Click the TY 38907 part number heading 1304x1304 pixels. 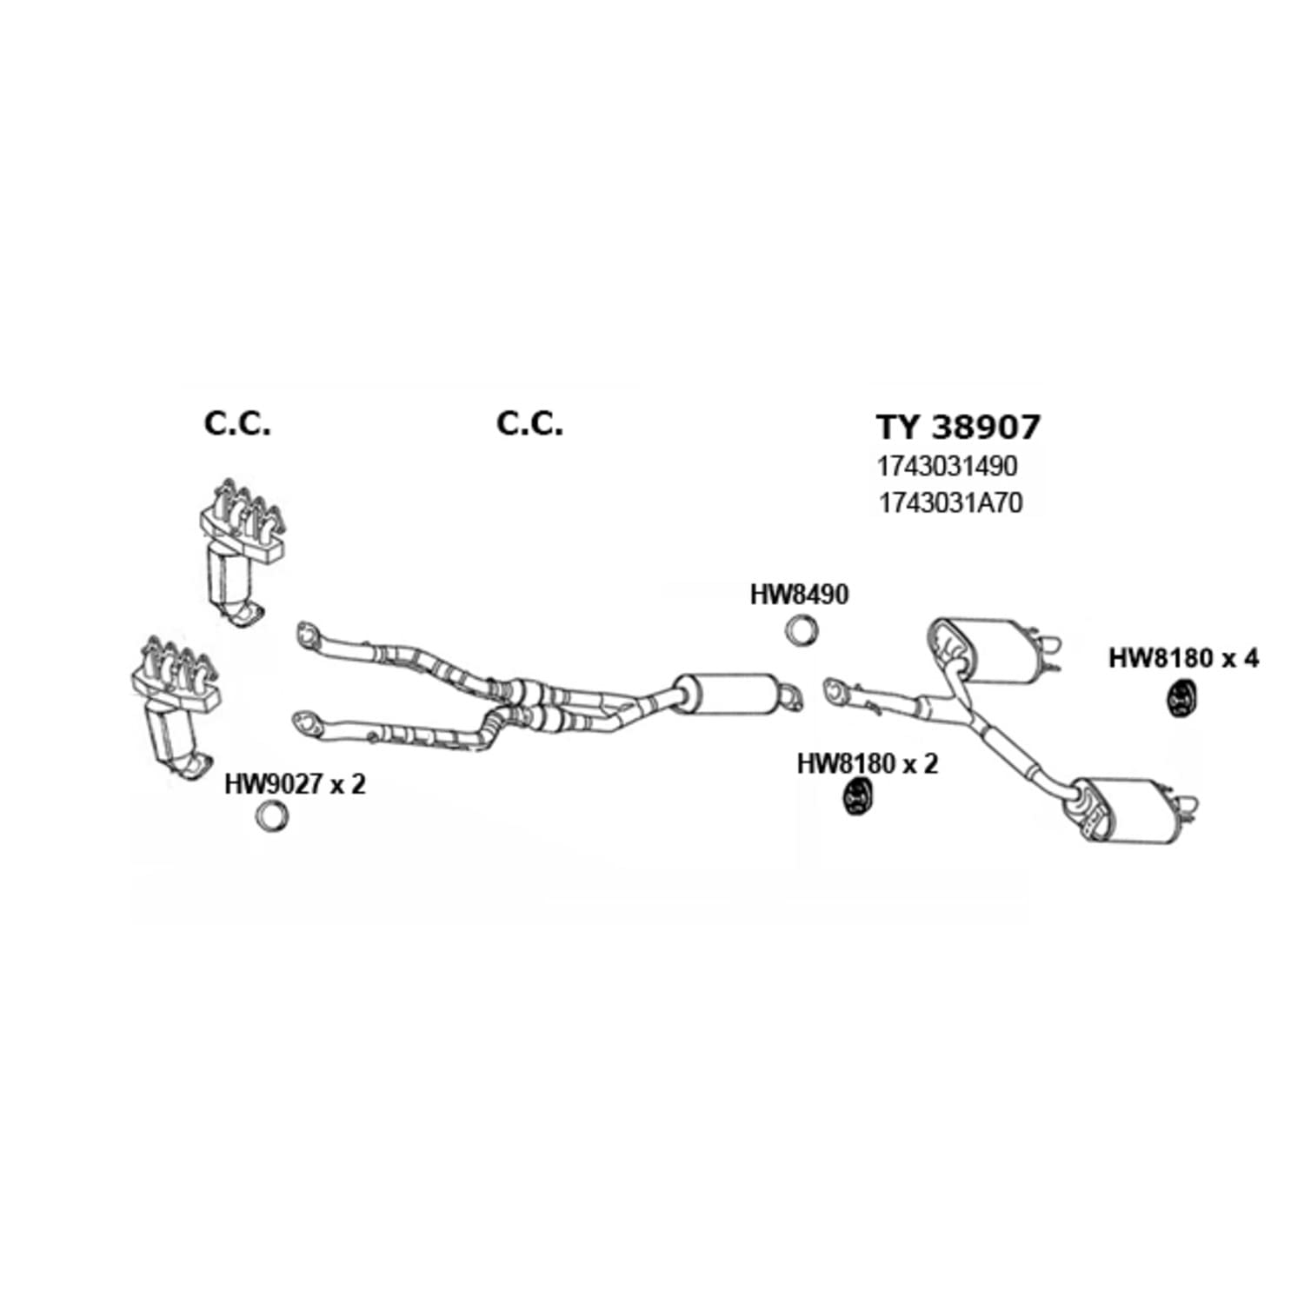coord(957,427)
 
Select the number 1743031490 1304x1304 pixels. coord(947,466)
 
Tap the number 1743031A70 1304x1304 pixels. coord(950,502)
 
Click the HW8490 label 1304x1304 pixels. coord(799,595)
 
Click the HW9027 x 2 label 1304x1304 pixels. coord(295,784)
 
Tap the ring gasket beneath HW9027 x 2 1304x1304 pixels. coord(271,815)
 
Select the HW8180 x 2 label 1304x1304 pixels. coord(868,764)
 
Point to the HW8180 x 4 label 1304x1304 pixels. coord(1183,658)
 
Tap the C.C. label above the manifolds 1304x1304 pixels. coord(237,423)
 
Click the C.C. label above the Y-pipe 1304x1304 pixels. coord(529,423)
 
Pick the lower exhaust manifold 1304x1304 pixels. coord(175,705)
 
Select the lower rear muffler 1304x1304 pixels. coord(1130,808)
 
